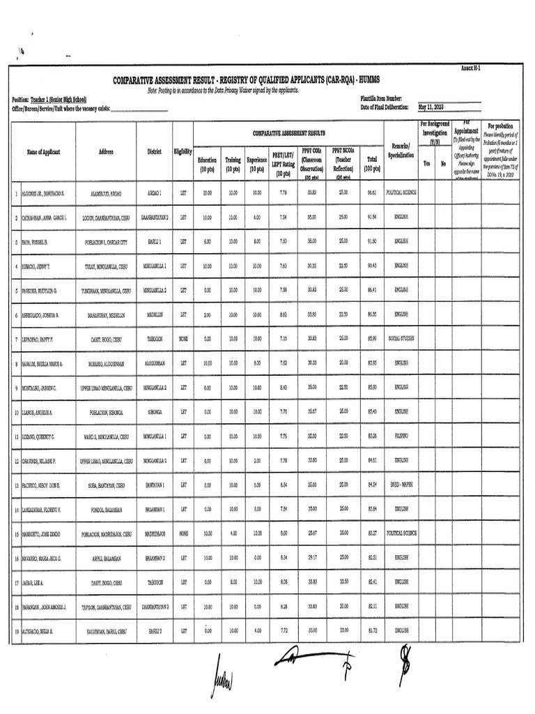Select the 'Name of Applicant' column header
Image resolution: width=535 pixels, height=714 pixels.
coord(44,152)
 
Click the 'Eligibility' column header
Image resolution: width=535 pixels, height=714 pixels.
coord(183,152)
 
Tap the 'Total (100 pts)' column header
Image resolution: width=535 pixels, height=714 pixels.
coord(372,164)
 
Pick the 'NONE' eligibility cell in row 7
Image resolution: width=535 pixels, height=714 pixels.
coord(183,338)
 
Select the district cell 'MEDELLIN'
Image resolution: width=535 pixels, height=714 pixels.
coord(154,314)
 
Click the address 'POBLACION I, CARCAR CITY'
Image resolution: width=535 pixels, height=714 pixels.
coord(107,241)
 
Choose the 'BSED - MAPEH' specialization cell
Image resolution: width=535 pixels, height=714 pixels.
coord(402,485)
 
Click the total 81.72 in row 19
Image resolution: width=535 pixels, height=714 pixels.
coord(372,631)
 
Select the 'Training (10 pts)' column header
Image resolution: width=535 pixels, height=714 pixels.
coord(233,164)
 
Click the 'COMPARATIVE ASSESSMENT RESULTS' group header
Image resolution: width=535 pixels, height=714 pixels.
coord(288,132)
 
